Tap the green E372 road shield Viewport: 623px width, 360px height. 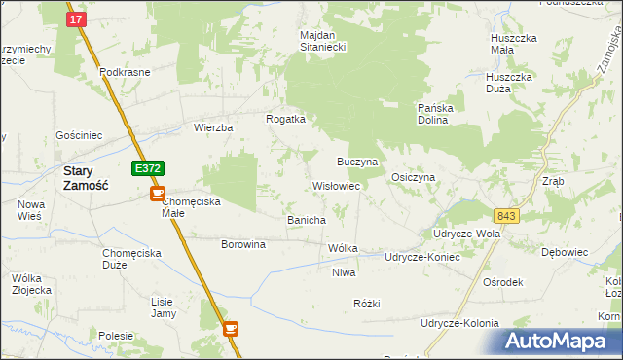pos(148,168)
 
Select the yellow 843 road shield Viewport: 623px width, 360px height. pos(506,215)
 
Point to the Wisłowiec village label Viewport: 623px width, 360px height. pos(336,185)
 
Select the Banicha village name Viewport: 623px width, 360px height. pos(306,220)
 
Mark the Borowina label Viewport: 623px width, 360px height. pos(243,244)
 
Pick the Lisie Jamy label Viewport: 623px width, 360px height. pos(163,307)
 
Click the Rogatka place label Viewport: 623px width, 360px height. pos(286,119)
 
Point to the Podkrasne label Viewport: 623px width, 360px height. pos(123,73)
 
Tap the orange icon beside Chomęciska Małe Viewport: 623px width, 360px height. pos(157,194)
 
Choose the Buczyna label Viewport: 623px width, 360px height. pos(357,160)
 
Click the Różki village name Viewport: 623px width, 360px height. pos(366,304)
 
